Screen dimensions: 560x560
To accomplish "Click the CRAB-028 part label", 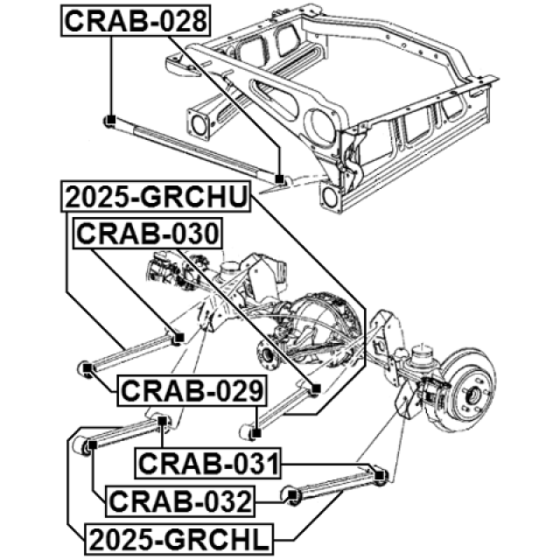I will point(136,20).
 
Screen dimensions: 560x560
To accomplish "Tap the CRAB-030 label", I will point(148,234).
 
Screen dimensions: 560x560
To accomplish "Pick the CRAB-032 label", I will point(179,501).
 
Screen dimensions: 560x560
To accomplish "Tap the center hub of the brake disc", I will point(472,393).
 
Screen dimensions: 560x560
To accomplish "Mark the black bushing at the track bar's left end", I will point(109,120).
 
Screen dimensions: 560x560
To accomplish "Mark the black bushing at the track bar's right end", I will point(280,179).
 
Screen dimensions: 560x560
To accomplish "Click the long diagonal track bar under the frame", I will point(193,148).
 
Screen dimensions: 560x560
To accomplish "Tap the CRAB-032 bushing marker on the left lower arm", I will point(88,446).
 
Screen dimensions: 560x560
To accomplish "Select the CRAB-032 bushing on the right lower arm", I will point(294,498).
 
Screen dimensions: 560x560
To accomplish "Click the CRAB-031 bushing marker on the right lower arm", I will point(381,476).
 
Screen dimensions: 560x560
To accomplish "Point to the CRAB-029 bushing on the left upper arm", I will point(87,366).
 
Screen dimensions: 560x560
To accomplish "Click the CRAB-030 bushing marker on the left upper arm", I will point(177,338).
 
